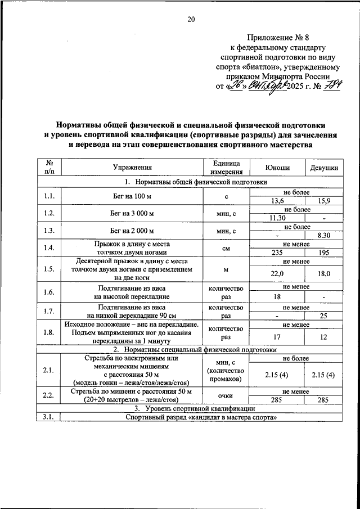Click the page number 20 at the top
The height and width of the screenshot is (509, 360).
click(x=191, y=20)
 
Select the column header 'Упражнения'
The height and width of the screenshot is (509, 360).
click(x=132, y=168)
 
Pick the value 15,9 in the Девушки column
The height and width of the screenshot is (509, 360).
click(x=324, y=201)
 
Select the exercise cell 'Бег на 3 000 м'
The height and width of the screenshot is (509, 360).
click(x=132, y=214)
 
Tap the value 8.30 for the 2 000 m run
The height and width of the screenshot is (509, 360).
click(x=324, y=235)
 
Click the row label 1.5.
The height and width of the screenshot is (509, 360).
click(x=49, y=269)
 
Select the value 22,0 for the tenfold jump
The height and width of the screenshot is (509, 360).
click(x=277, y=273)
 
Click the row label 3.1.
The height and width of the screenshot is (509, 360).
click(x=49, y=417)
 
